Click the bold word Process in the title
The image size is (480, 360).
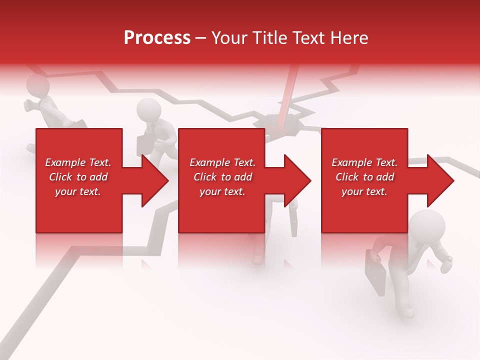coord(157,38)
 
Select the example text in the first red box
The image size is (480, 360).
coord(78,177)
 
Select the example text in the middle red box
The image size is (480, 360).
coord(222,177)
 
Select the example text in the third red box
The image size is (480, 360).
coord(364,177)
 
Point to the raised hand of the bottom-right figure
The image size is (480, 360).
coord(446,263)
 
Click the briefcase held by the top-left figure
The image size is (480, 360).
coord(77,124)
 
